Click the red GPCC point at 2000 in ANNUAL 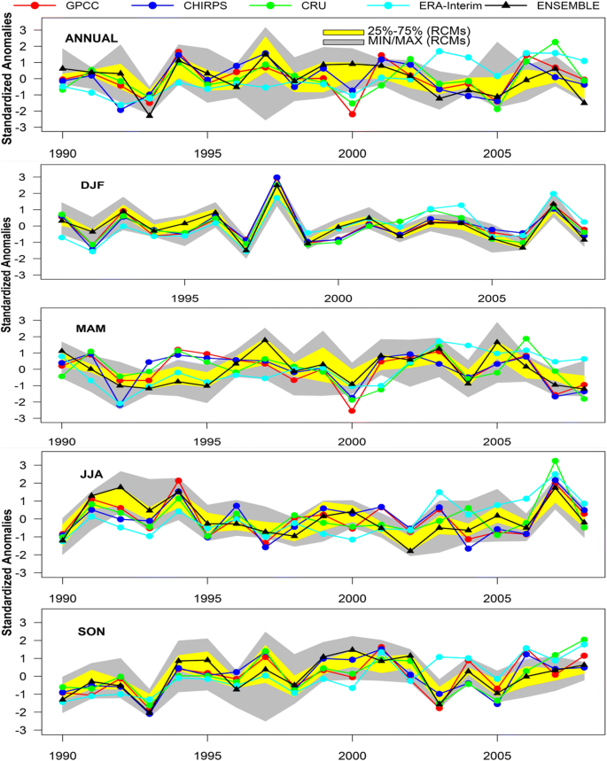pyautogui.click(x=352, y=114)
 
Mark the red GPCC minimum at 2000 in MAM pyautogui.click(x=352, y=410)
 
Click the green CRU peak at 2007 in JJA pyautogui.click(x=556, y=462)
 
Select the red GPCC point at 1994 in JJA pyautogui.click(x=178, y=481)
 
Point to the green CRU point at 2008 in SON pyautogui.click(x=584, y=640)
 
